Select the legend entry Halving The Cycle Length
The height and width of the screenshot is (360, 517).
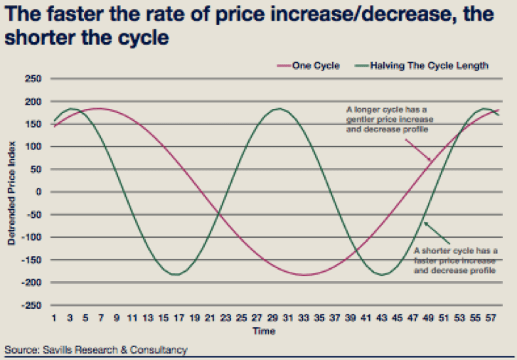pyautogui.click(x=434, y=66)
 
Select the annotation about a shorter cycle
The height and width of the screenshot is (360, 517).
pyautogui.click(x=455, y=261)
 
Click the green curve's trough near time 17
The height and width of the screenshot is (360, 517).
pyautogui.click(x=178, y=274)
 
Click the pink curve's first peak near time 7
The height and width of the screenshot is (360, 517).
pyautogui.click(x=100, y=109)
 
